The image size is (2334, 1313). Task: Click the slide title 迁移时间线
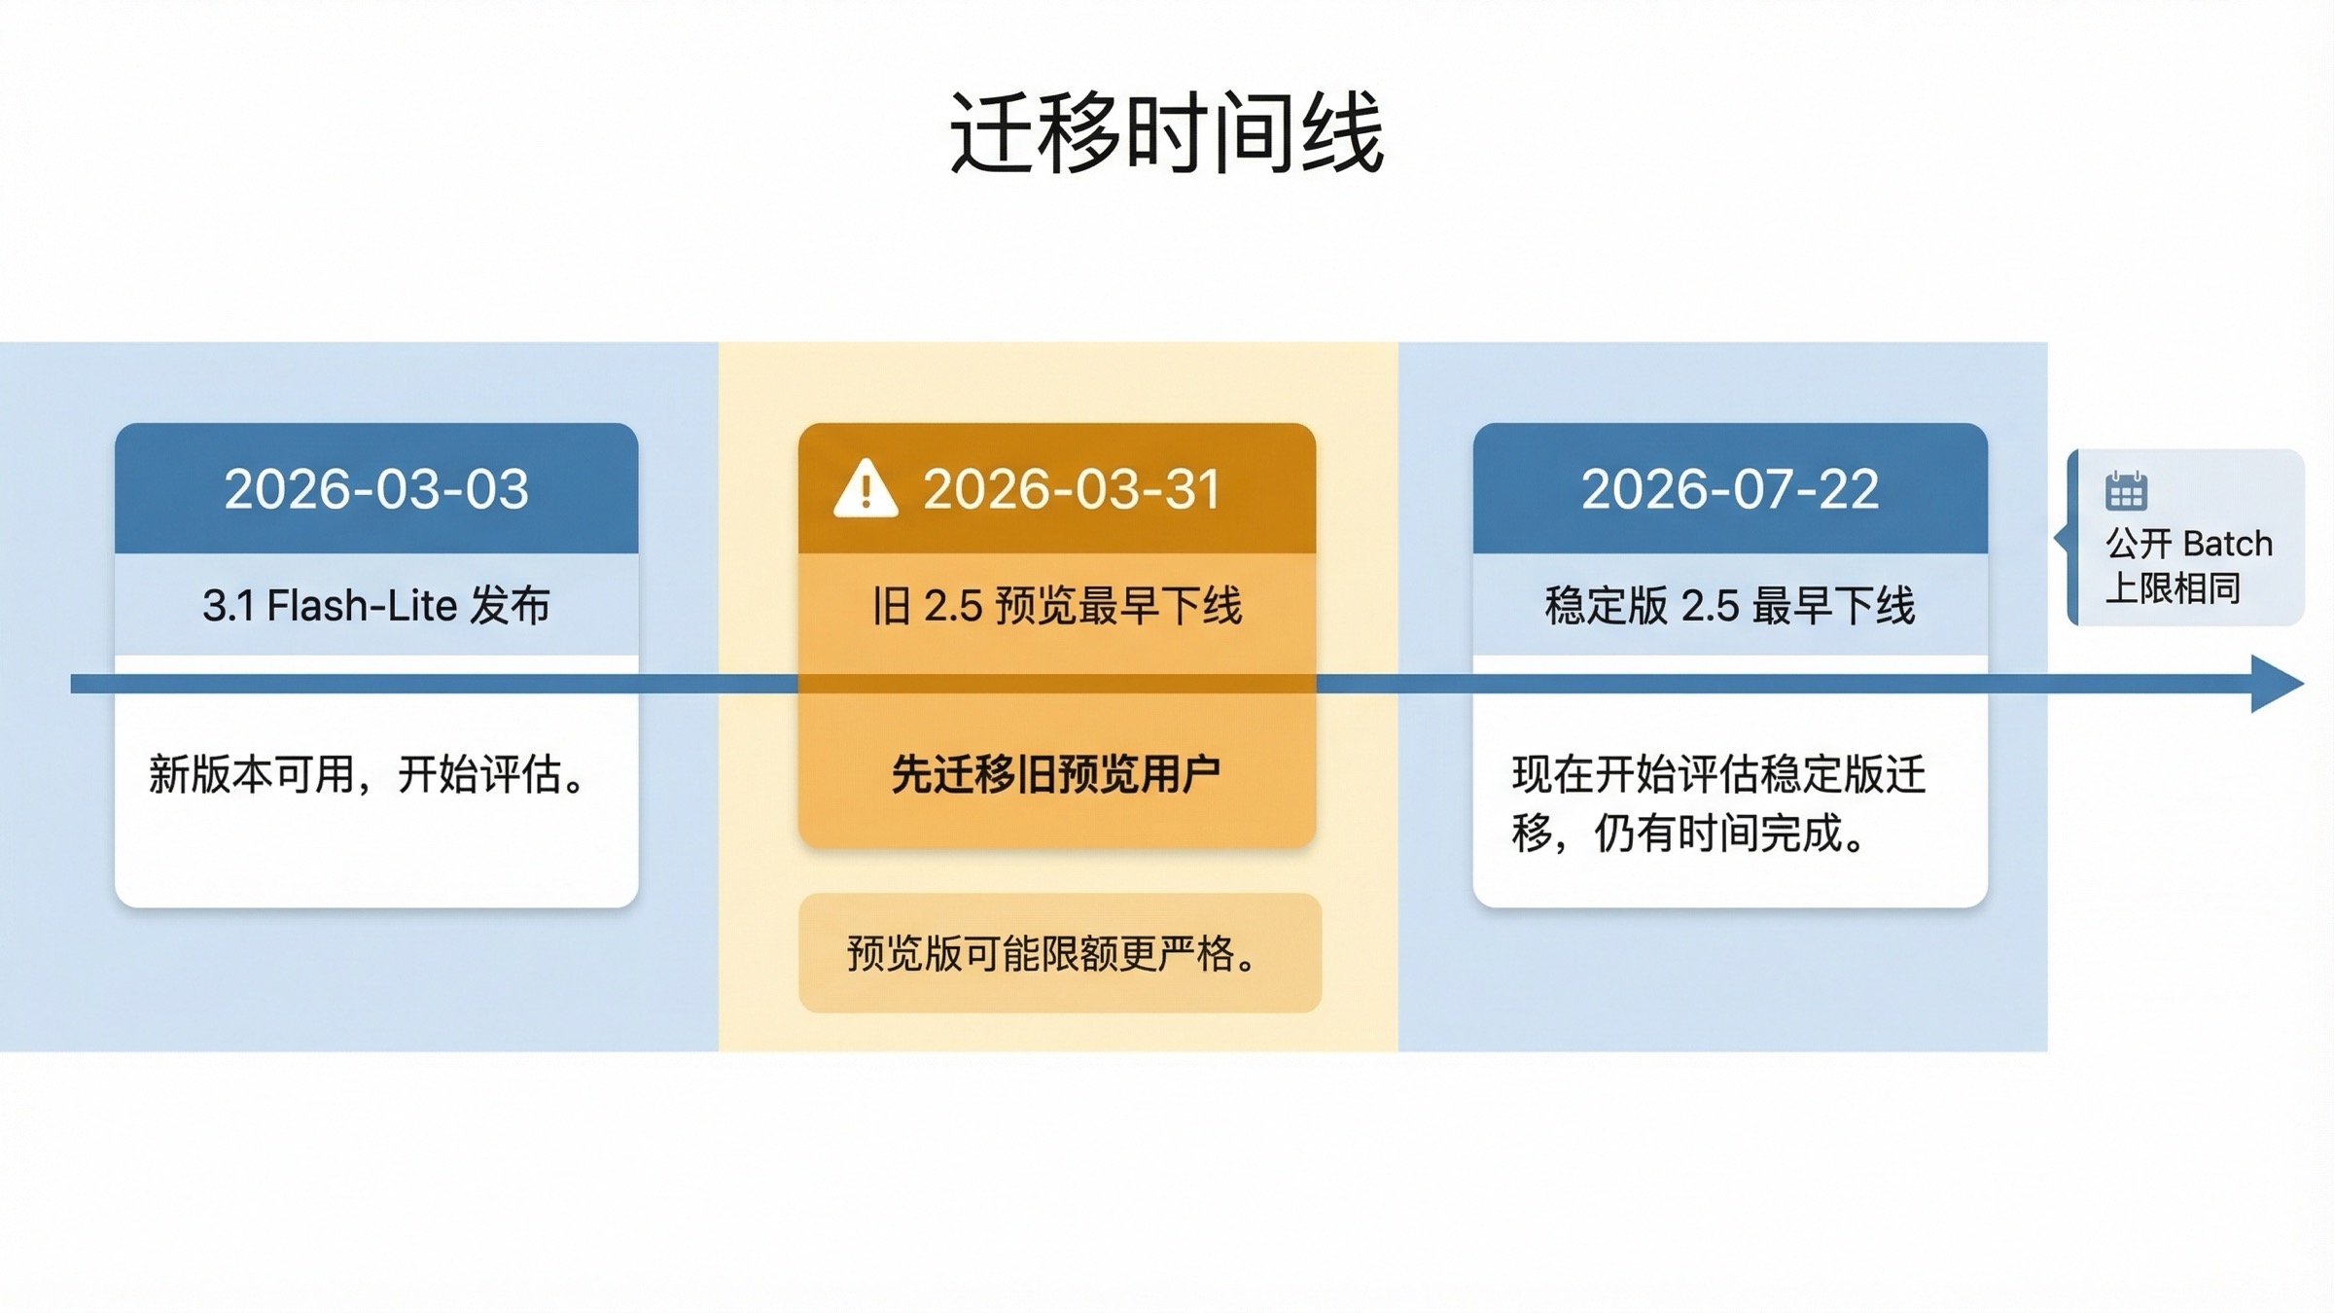1166,133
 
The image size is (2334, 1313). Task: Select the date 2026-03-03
376,488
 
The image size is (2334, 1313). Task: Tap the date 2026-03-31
1071,488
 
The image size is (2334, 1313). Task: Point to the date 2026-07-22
1729,488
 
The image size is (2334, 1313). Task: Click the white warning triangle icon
865,488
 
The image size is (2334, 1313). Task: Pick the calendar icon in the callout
2126,491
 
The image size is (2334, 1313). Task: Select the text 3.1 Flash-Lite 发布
376,606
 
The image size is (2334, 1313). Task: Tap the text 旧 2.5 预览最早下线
1057,606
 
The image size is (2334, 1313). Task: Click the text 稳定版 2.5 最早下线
1729,606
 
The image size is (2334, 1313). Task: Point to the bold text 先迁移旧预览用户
1056,775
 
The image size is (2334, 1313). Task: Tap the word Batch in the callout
2226,543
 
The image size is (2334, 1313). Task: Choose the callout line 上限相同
2173,587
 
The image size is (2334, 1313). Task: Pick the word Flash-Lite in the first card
362,606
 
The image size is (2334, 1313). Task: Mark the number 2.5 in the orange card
953,606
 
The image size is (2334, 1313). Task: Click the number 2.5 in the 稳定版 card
1710,606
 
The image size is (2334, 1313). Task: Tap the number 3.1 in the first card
228,606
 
